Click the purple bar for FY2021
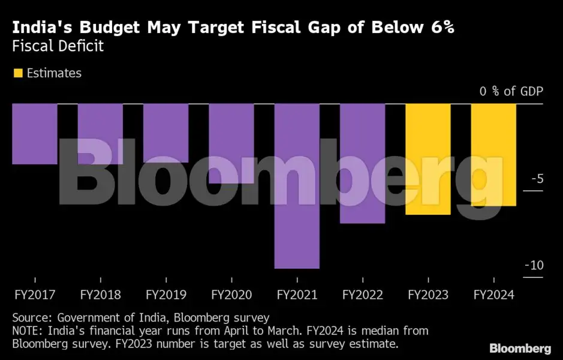(297, 186)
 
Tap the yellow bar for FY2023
(428, 159)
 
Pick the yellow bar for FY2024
(493, 155)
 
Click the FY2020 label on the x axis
(231, 295)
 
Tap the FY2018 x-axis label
(100, 295)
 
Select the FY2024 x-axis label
(493, 295)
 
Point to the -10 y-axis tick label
(534, 266)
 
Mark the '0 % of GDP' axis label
(511, 91)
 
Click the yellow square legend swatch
(18, 73)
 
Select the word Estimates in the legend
(54, 73)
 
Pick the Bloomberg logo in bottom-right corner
(520, 349)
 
